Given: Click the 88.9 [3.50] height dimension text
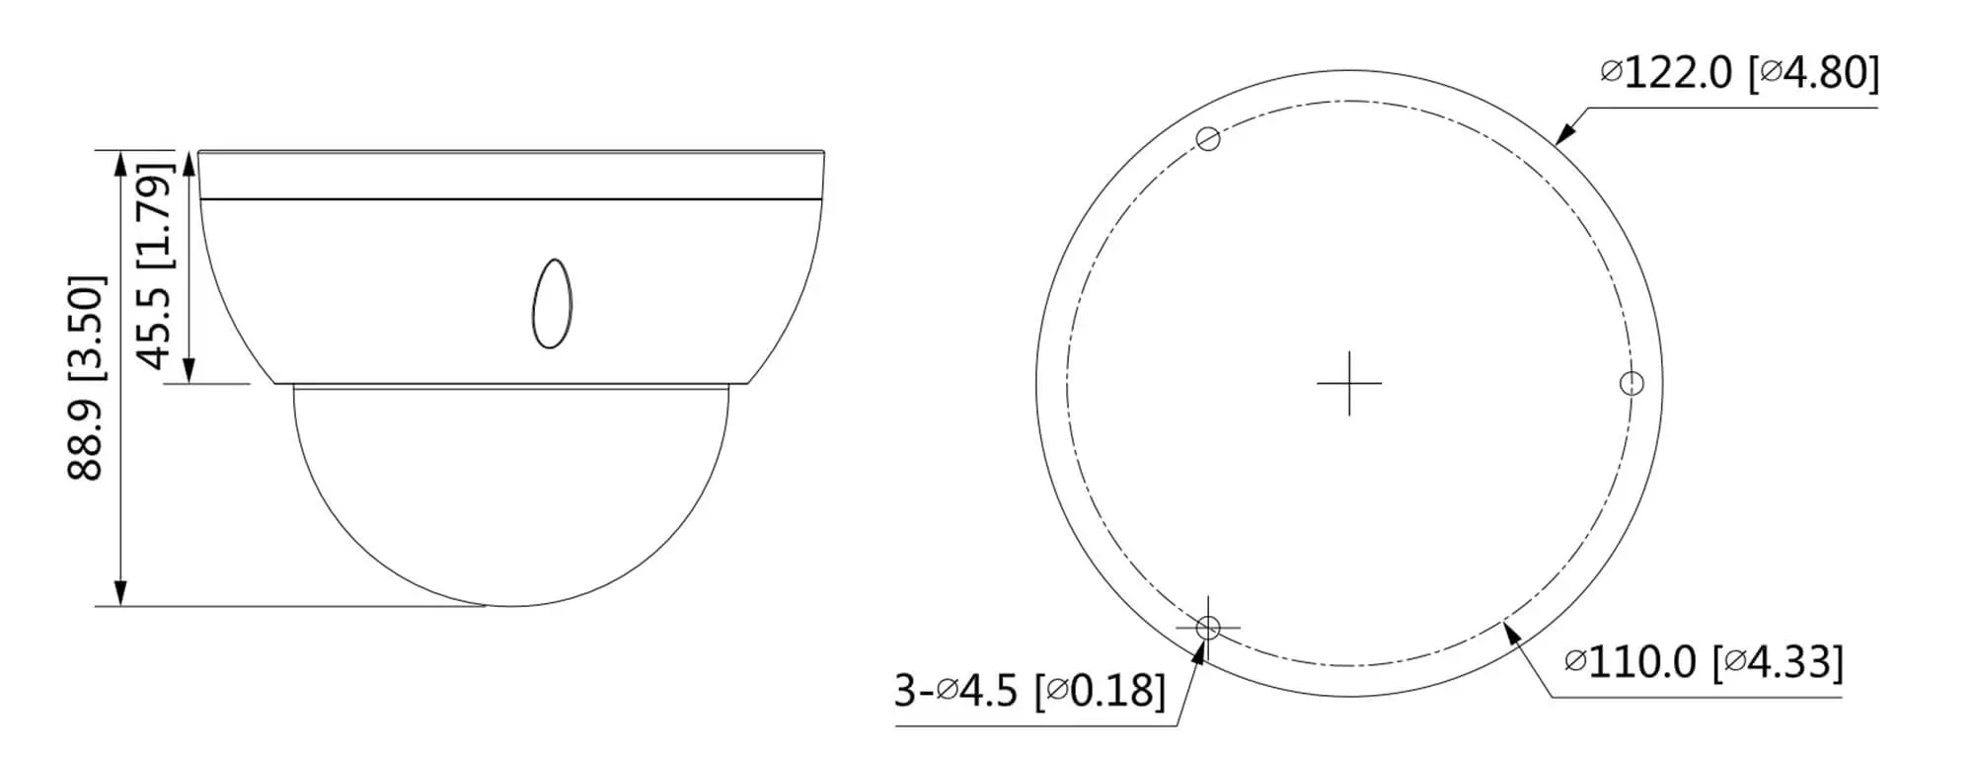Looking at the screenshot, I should point(86,378).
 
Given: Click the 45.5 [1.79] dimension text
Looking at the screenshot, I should point(155,265).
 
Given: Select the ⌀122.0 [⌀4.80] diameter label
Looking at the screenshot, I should point(1739,73).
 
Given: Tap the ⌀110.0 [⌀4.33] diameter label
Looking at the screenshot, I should point(1704,662).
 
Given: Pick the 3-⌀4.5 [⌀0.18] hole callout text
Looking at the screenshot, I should point(1029,691).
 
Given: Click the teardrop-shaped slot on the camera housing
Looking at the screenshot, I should point(552,304).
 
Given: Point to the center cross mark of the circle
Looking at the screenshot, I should point(1349,382).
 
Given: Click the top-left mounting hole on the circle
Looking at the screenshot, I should point(1208,139).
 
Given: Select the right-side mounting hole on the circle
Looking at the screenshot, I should point(1632,383).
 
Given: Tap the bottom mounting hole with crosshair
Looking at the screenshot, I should point(1207,627).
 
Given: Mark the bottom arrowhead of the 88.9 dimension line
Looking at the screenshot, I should point(120,592).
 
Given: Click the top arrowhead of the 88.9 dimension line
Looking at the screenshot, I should point(120,164).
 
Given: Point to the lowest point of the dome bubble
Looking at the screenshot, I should point(510,605).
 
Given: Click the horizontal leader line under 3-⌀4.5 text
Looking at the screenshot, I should point(1036,727).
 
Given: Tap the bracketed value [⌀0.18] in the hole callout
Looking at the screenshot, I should point(1099,691).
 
